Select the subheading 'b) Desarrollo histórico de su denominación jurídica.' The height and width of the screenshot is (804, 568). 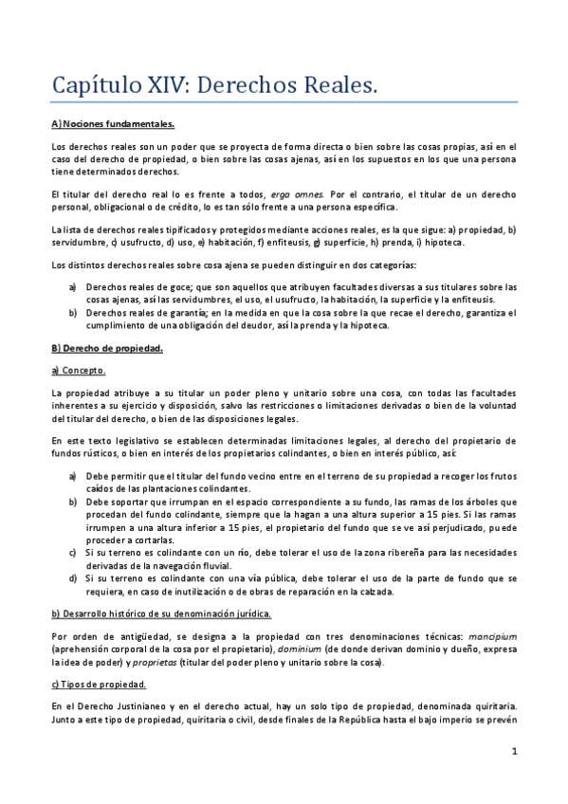tap(162, 614)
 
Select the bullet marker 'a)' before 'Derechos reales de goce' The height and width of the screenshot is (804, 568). tap(74, 286)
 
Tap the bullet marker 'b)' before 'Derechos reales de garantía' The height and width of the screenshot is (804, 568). tap(74, 312)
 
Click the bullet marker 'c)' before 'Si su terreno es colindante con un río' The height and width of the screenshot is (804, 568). tap(74, 550)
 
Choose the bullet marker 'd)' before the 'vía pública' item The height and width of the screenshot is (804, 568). tap(74, 576)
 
